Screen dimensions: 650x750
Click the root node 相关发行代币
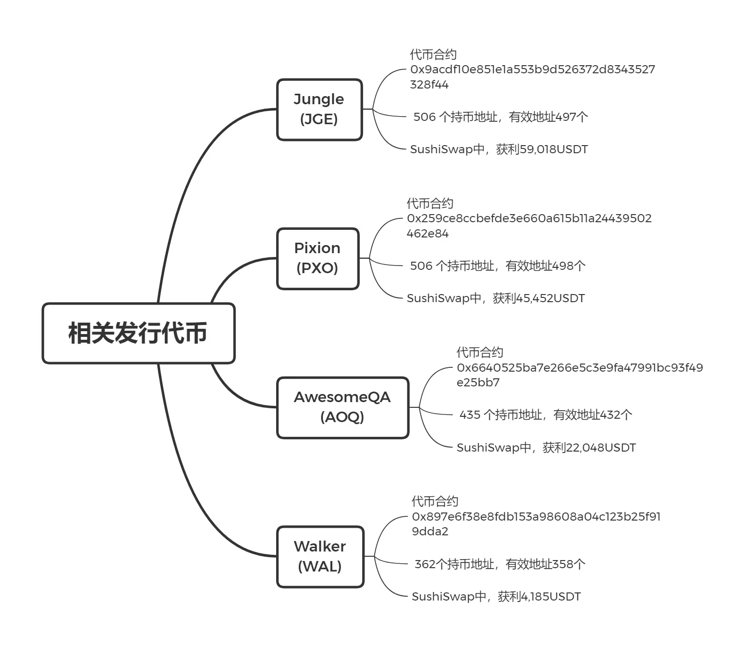[138, 333]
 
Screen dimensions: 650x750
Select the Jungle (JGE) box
[319, 109]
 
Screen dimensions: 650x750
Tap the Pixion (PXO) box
[317, 258]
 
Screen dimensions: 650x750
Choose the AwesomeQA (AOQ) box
[342, 407]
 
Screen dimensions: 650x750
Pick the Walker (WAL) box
[320, 556]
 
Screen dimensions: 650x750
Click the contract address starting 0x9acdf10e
[532, 77]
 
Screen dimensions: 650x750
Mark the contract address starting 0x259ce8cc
[529, 226]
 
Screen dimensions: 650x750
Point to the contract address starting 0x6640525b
[579, 374]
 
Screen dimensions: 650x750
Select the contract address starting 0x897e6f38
[536, 523]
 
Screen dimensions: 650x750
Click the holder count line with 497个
[500, 117]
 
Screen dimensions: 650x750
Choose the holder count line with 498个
[498, 266]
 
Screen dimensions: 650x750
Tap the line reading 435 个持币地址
[546, 415]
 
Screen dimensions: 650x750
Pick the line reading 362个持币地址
[500, 564]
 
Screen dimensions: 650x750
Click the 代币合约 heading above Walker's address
[435, 502]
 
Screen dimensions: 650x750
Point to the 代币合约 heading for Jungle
[433, 55]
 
